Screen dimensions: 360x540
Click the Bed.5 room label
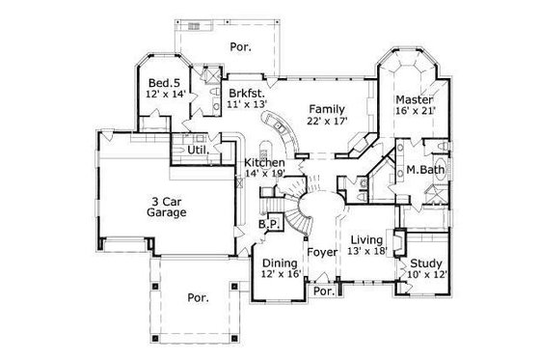[x=159, y=83]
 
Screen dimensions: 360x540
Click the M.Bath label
[x=423, y=171]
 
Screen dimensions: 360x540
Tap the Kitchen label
[x=263, y=162]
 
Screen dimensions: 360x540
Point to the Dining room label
[x=280, y=262]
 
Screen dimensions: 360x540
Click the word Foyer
[x=320, y=253]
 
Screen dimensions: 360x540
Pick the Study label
[x=425, y=263]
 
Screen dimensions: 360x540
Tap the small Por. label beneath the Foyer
[x=324, y=291]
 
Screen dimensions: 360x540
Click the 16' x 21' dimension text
[x=416, y=112]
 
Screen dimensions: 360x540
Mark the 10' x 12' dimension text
[x=425, y=275]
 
